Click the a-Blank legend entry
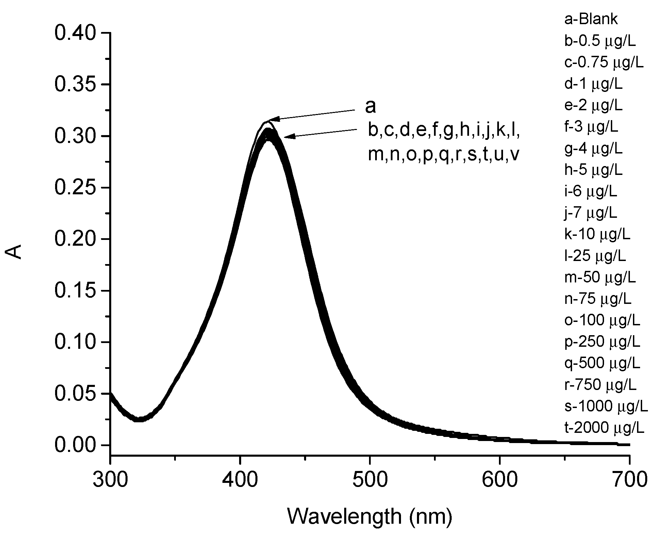pyautogui.click(x=591, y=19)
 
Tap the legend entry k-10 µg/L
pyautogui.click(x=597, y=234)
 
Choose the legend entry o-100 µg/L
pyautogui.click(x=602, y=320)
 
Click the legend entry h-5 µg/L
pyautogui.click(x=593, y=170)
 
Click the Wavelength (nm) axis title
pyautogui.click(x=370, y=516)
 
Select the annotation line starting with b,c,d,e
pyautogui.click(x=444, y=131)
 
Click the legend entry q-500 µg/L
pyautogui.click(x=602, y=363)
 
